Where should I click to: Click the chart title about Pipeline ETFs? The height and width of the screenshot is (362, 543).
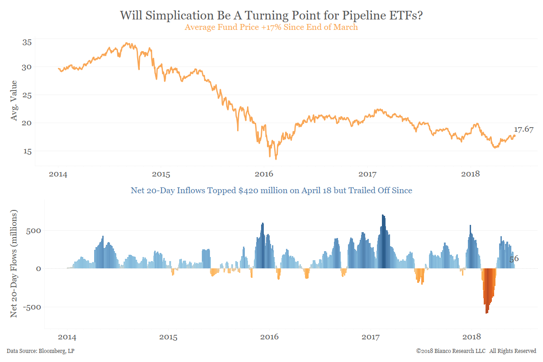point(271,15)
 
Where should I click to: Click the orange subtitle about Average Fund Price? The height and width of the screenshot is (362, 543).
point(271,27)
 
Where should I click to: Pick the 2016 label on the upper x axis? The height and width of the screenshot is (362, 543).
point(264,174)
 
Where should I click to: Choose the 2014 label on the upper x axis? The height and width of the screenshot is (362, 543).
point(58,174)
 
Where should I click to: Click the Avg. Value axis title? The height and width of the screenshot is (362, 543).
point(14,100)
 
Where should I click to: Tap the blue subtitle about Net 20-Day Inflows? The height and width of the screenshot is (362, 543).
point(271,191)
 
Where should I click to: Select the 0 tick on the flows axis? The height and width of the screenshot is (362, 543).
point(39,268)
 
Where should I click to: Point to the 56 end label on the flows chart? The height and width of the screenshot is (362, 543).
point(514,259)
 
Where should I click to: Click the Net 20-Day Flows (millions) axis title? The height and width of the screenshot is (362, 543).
point(14,263)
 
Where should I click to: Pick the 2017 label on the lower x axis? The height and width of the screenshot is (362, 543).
point(371,337)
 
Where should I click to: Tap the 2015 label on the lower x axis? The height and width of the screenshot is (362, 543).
point(168,337)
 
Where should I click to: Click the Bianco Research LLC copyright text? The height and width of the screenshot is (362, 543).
point(476,351)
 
